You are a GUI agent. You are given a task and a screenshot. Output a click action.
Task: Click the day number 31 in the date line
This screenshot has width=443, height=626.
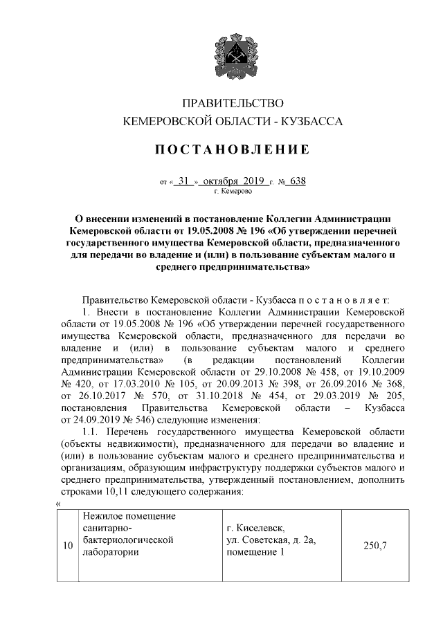(183, 182)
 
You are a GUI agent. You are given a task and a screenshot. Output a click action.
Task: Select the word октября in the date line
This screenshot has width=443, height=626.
(222, 182)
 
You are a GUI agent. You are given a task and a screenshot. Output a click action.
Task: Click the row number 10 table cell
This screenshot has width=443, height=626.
(68, 546)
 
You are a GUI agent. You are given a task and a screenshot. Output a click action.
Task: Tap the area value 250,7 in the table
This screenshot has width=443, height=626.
(374, 546)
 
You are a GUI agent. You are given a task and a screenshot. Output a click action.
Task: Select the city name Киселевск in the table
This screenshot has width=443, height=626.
(261, 527)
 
